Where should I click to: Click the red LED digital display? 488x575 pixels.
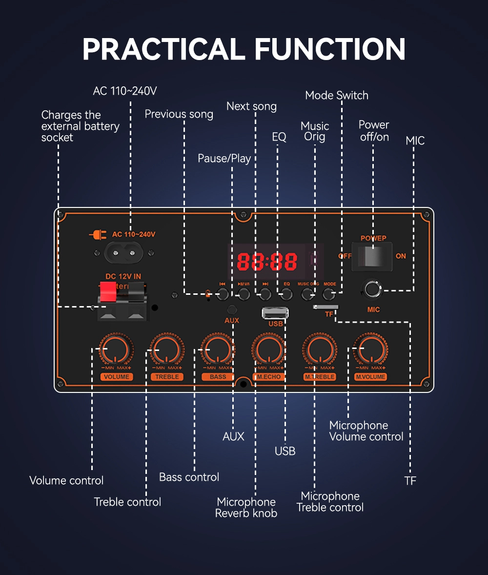pyautogui.click(x=267, y=262)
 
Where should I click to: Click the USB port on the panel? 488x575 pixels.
pyautogui.click(x=275, y=313)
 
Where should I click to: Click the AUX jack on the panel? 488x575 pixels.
pyautogui.click(x=232, y=309)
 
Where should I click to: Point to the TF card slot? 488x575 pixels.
pyautogui.click(x=325, y=307)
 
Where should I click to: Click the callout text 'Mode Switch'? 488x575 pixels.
pyautogui.click(x=337, y=95)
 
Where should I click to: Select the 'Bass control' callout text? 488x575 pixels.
pyautogui.click(x=189, y=477)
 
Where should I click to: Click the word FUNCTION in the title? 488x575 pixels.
pyautogui.click(x=330, y=49)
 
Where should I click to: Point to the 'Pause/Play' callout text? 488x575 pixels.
pyautogui.click(x=224, y=158)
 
